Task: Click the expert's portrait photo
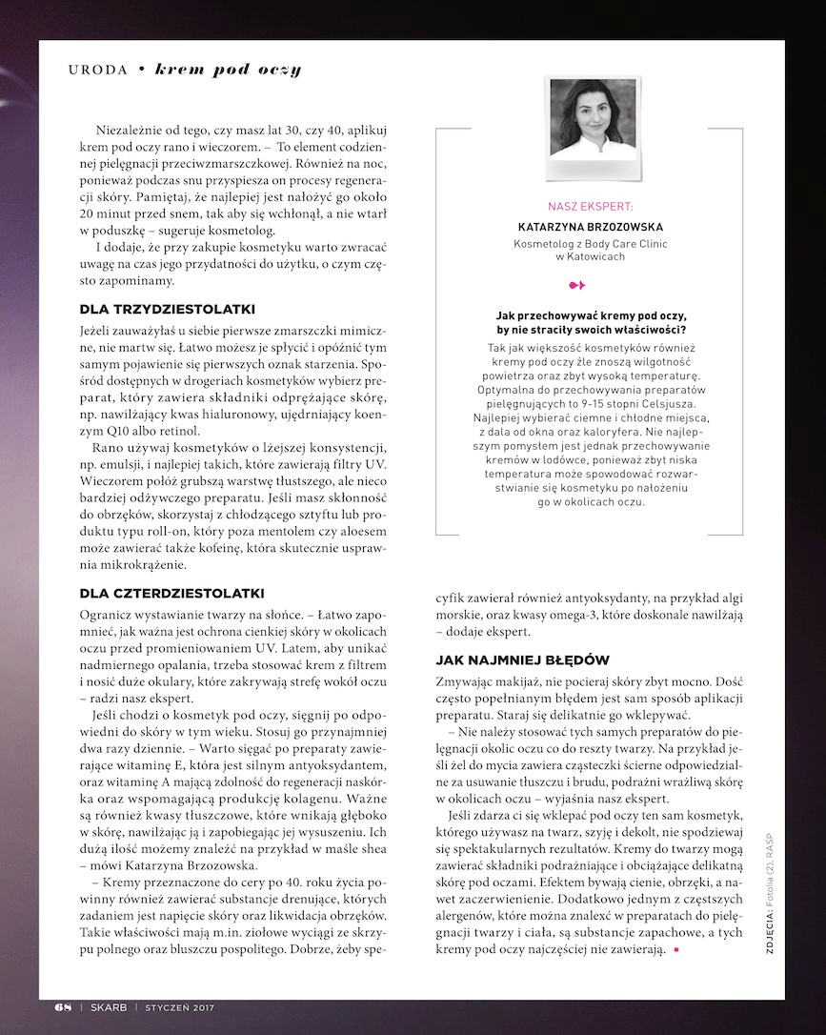[x=589, y=120]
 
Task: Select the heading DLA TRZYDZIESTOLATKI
[x=167, y=310]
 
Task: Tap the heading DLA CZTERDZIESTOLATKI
[x=171, y=594]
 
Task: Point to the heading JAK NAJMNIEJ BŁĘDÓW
[x=522, y=660]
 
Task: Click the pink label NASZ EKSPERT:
[x=589, y=206]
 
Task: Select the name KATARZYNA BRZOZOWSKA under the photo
[x=590, y=228]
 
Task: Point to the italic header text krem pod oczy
[x=228, y=70]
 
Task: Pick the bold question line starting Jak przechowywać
[x=591, y=315]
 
